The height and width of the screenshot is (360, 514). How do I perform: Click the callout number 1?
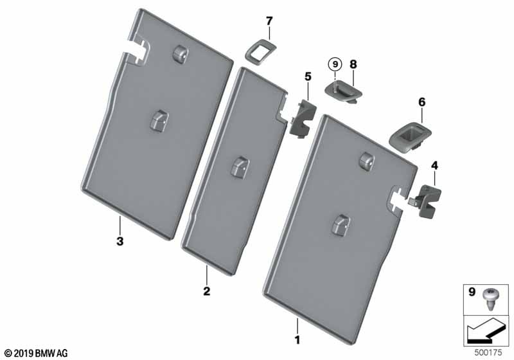pyautogui.click(x=297, y=337)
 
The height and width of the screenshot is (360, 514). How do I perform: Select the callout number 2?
pyautogui.click(x=207, y=291)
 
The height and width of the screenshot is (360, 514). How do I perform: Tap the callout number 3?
pyautogui.click(x=120, y=242)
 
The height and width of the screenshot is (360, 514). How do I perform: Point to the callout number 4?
pyautogui.click(x=435, y=166)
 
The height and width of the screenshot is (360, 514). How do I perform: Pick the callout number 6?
pyautogui.click(x=421, y=102)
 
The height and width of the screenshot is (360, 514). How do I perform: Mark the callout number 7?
pyautogui.click(x=269, y=22)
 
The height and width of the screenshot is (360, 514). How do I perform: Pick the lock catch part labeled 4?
pyautogui.click(x=425, y=200)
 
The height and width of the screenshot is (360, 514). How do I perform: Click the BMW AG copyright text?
pyautogui.click(x=36, y=353)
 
